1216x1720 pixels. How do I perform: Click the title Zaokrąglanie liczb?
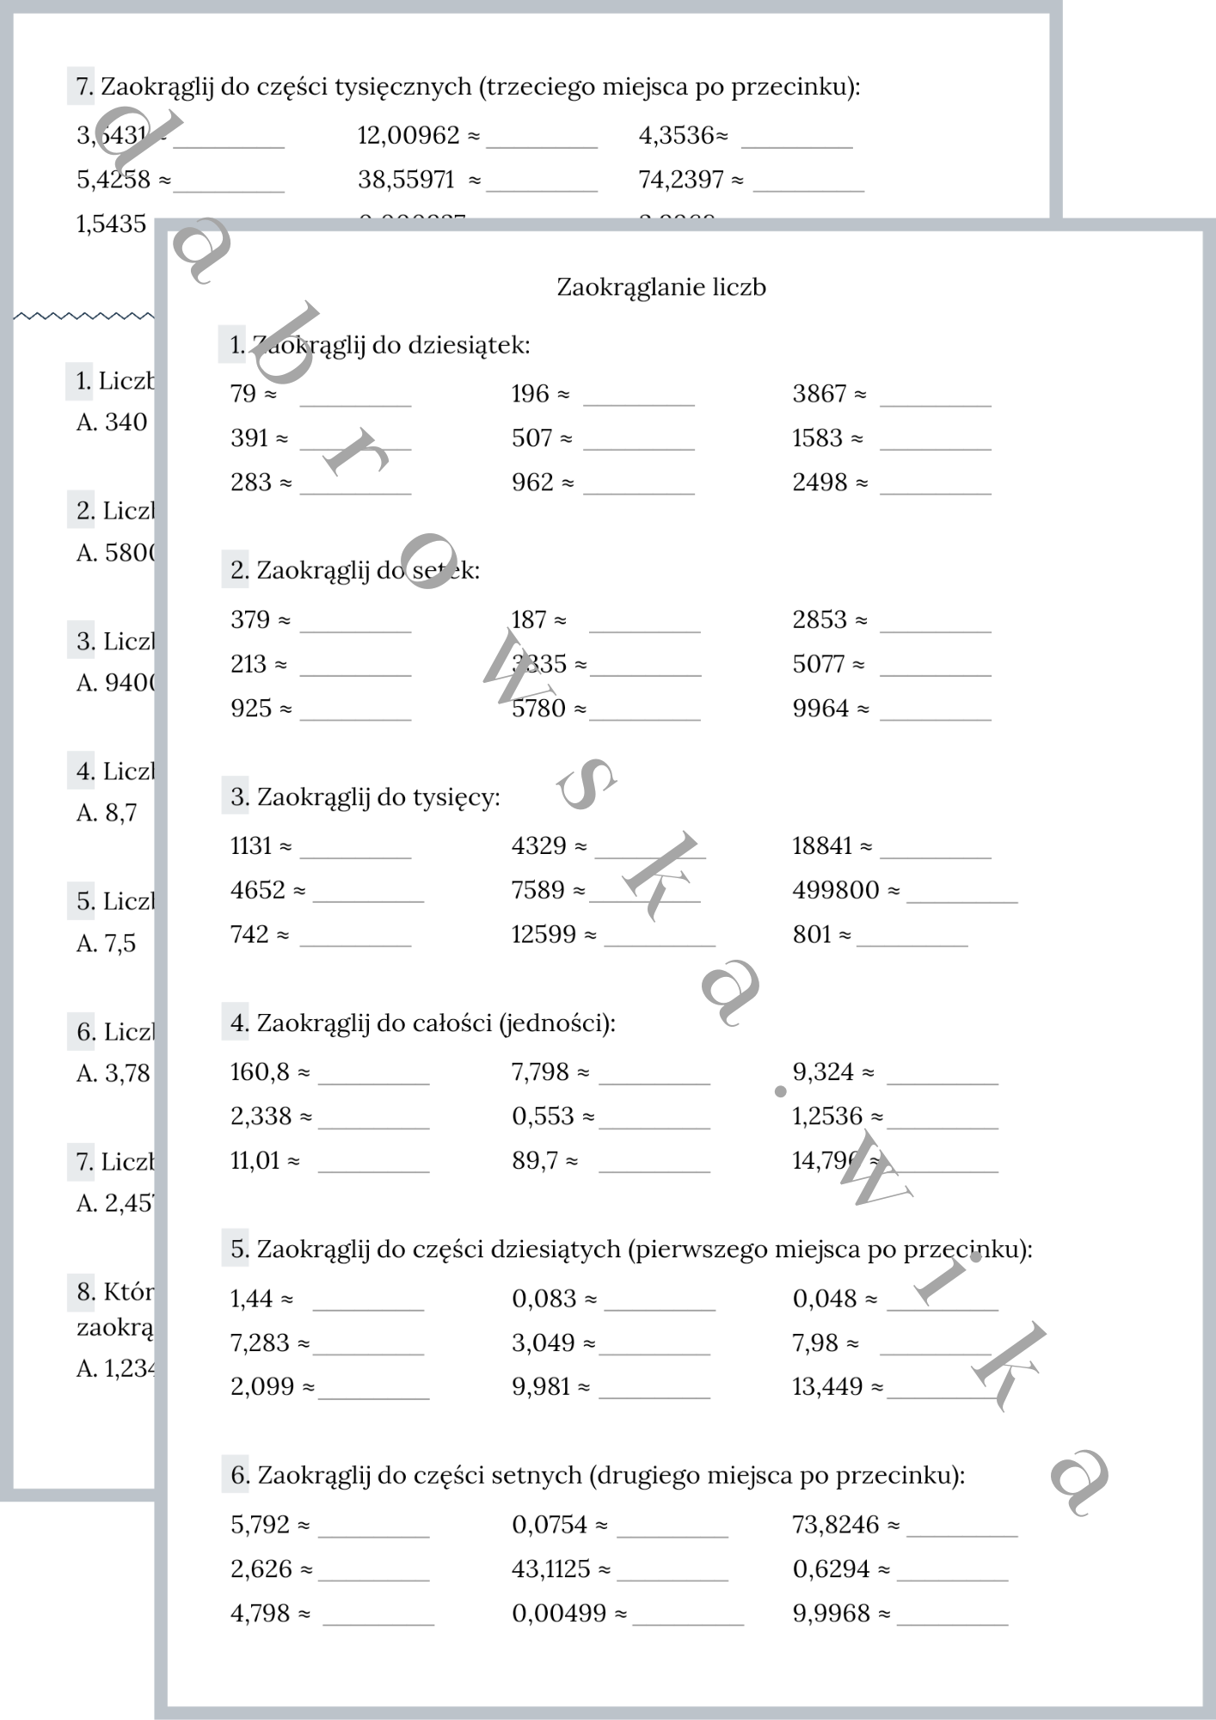tap(660, 287)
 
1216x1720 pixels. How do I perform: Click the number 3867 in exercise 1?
tap(820, 394)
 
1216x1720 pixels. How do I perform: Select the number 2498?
tap(820, 482)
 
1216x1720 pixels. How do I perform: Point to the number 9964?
tap(820, 709)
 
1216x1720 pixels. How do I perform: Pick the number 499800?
tap(835, 890)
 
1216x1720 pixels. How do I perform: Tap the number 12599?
tap(544, 935)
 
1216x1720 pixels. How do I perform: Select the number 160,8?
tap(260, 1072)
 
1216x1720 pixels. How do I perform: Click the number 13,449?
tap(827, 1387)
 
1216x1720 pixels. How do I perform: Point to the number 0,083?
tap(544, 1299)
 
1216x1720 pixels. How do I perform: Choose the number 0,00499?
tap(559, 1614)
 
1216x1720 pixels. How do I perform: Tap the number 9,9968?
tap(831, 1614)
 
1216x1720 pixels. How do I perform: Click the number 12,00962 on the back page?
tap(408, 135)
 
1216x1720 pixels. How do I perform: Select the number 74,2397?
tap(681, 180)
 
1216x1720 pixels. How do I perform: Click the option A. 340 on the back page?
tap(112, 422)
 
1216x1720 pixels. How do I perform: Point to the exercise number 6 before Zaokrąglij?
tap(239, 1476)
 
